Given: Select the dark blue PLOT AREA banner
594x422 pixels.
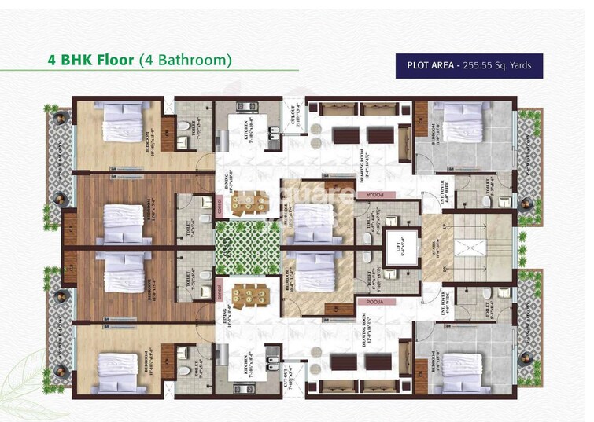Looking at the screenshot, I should tap(469, 64).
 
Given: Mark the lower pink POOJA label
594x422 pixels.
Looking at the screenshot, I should tap(370, 301).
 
